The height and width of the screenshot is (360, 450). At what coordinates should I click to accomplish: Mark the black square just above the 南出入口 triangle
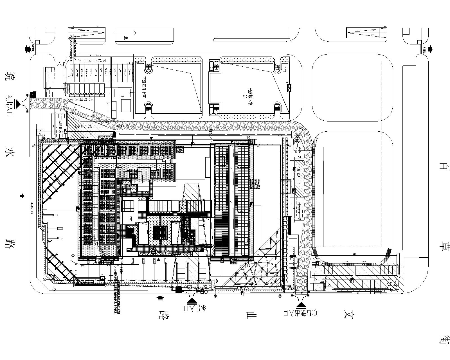tap(31, 94)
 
